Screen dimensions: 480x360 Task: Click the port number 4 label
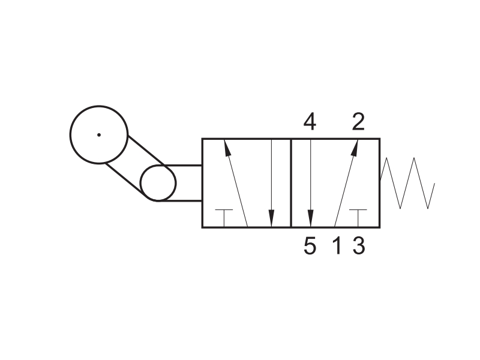point(310,122)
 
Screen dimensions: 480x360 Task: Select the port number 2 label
point(358,122)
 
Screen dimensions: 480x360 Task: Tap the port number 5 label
point(310,246)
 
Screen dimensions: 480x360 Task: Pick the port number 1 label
point(337,246)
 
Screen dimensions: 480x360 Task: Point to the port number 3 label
point(359,246)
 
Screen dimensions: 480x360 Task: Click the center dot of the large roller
point(99,134)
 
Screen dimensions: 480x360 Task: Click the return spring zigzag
point(407,183)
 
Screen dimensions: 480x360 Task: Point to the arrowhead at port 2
point(355,147)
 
